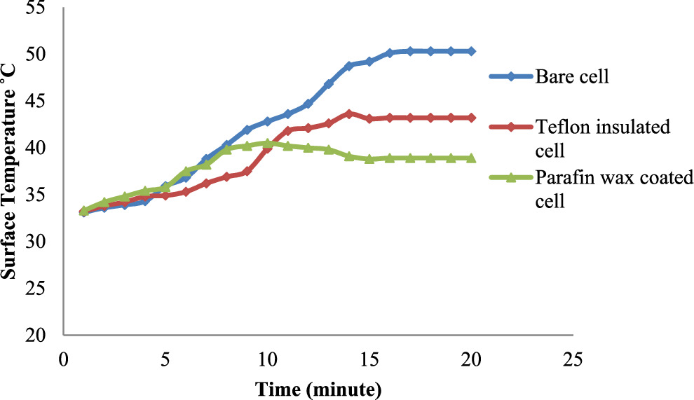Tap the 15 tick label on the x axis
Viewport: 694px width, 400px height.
(369, 359)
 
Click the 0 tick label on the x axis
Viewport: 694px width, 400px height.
(63, 359)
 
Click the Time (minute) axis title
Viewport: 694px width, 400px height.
(318, 387)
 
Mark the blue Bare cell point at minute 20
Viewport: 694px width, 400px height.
(472, 51)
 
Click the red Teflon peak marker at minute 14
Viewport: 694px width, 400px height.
(349, 113)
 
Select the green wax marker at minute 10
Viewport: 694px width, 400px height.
(268, 143)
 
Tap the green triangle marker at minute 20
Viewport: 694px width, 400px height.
(472, 158)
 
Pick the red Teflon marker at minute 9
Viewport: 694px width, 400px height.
(247, 172)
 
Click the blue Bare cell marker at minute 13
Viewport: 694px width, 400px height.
(329, 84)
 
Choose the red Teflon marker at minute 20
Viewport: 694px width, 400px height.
(472, 118)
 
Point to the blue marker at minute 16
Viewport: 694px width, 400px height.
(390, 53)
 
